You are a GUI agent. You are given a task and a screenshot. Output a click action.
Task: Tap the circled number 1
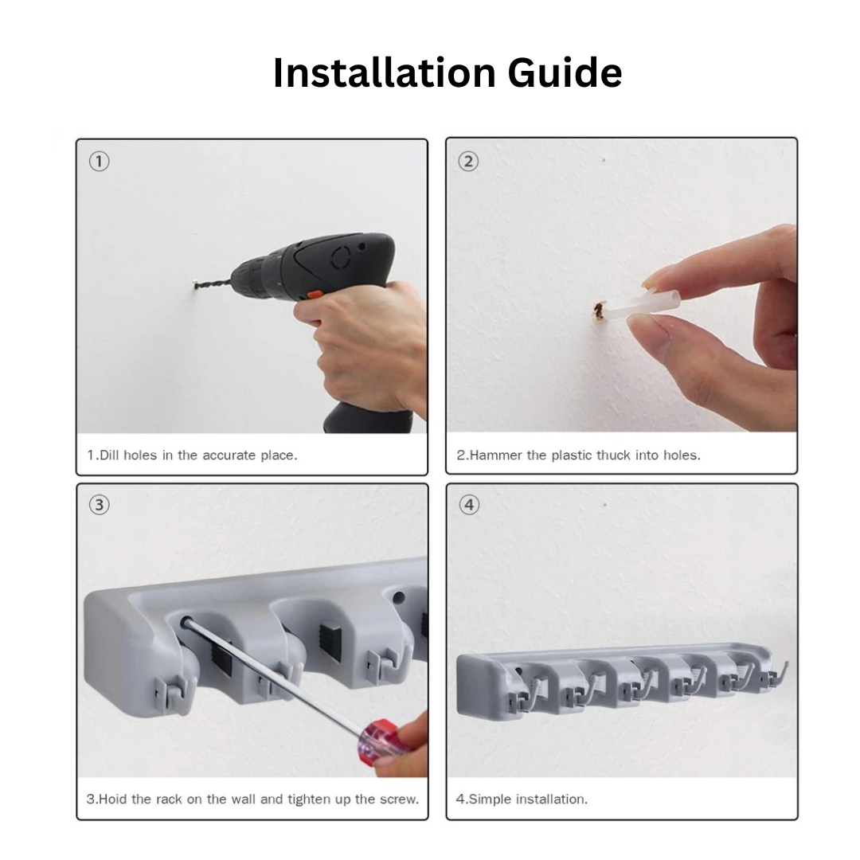pos(100,162)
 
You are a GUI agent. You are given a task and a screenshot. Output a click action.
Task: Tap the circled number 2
pos(468,162)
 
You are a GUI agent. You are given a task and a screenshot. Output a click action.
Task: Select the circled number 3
pos(100,505)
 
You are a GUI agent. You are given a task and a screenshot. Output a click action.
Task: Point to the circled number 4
pos(469,505)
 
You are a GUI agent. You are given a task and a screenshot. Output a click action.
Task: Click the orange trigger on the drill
pos(315,295)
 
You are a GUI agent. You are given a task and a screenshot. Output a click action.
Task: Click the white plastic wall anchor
pos(642,307)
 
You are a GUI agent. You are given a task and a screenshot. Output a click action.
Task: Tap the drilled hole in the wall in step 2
pos(598,311)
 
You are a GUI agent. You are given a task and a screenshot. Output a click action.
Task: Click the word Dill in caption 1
pos(108,455)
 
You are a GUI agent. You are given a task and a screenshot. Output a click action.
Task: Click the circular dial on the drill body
pos(341,256)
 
